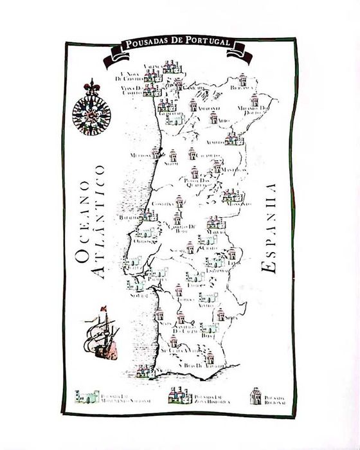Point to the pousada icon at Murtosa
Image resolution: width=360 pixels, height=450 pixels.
tap(155, 154)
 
